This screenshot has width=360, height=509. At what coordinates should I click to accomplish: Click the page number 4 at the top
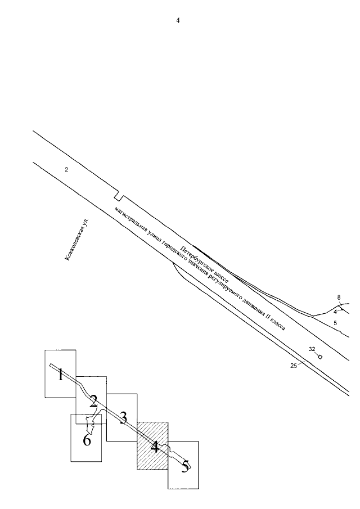178,21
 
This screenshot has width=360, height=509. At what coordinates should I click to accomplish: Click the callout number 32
312,349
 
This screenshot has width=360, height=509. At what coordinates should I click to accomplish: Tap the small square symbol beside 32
320,357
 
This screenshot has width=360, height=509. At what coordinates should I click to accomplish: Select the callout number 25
293,366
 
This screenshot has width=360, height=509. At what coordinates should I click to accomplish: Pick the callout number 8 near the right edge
339,298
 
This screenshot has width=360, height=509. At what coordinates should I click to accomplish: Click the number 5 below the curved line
335,323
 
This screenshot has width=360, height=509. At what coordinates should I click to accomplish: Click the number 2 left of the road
66,169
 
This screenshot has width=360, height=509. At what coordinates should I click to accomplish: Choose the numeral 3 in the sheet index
123,417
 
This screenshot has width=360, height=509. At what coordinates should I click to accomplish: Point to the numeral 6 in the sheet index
87,440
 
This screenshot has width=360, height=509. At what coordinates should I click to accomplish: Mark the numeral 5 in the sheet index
184,466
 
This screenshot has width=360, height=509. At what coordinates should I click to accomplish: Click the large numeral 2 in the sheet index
93,401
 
